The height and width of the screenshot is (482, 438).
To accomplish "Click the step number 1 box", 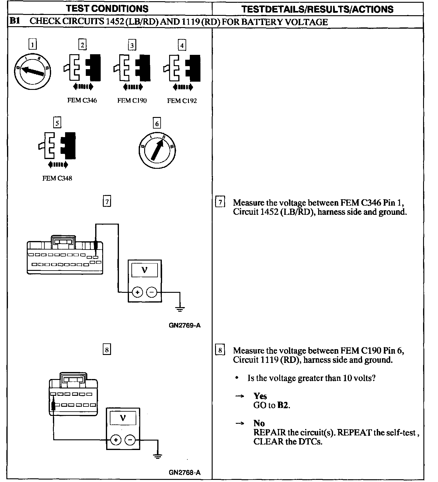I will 32,45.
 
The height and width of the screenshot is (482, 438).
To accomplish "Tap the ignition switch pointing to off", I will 33,72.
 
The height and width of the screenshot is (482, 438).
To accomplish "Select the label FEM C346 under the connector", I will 82,100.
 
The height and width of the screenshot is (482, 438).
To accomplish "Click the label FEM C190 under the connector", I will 132,101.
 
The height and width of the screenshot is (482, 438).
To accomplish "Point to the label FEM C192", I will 182,101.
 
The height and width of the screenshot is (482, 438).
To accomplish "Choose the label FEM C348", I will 57,178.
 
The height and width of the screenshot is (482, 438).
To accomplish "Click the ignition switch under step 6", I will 157,150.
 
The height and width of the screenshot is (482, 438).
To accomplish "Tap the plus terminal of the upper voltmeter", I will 137,292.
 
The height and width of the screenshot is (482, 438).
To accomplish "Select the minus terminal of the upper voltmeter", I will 152,292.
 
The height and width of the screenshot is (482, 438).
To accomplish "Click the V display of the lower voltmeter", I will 123,418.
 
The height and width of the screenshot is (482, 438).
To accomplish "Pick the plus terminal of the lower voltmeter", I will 116,440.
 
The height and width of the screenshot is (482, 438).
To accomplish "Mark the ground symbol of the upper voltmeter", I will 180,309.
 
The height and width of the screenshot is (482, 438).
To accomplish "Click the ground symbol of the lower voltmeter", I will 158,456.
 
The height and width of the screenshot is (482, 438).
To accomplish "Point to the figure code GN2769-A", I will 185,325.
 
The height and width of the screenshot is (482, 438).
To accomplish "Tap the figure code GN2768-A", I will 185,473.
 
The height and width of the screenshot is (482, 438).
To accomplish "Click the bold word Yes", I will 260,396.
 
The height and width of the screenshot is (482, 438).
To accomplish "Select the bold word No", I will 259,423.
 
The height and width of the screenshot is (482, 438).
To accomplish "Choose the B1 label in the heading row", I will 15,21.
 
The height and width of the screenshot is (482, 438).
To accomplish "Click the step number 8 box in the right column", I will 220,350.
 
